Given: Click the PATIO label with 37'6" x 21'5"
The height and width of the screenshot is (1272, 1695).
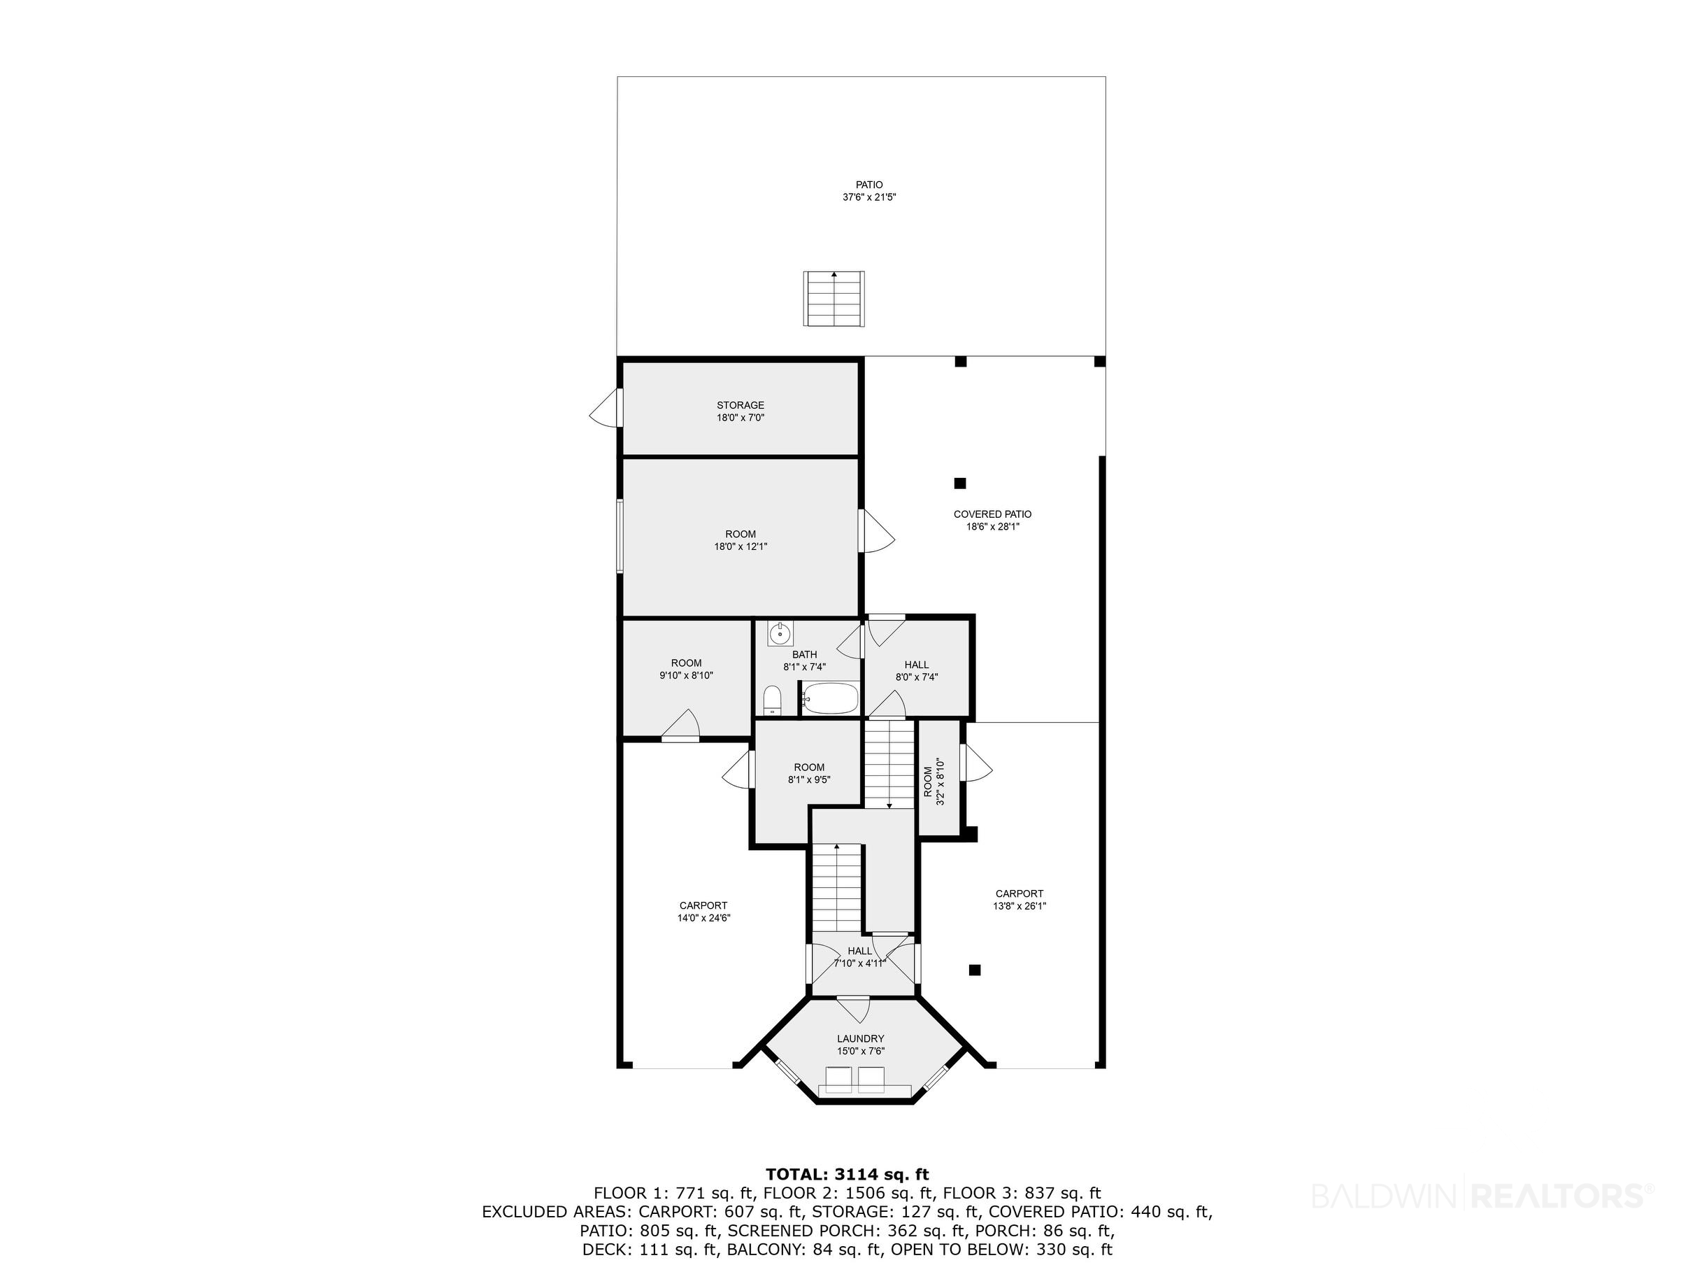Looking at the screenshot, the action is pos(869,191).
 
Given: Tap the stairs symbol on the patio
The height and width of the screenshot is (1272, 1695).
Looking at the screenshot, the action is pos(834,298).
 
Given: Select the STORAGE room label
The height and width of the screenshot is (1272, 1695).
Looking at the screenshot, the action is pos(741,411).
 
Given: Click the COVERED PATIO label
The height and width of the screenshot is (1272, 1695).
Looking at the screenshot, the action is pos(992,521).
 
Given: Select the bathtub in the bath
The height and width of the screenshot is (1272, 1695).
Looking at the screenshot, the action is pos(831,698).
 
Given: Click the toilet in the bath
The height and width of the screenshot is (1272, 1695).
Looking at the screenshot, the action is pos(773,701).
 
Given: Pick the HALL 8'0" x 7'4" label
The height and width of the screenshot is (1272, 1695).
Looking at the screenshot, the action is pos(917,671).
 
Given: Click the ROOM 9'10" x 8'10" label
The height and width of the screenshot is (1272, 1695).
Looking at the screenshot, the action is pos(686,670).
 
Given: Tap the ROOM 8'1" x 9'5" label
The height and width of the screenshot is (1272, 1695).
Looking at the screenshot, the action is pos(809,774).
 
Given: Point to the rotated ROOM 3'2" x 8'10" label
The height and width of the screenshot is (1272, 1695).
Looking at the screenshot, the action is pos(934,782).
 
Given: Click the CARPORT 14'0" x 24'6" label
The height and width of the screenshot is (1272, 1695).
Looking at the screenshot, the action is pos(703,912).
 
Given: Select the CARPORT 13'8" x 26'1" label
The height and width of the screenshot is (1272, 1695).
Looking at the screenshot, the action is pos(1019,899).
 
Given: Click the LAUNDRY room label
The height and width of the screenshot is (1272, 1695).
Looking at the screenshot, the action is pos(861,1045).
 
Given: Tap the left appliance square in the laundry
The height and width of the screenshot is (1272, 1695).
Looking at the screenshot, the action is pos(839,1080).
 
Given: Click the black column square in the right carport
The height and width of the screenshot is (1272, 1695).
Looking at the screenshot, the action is pos(975,970).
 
